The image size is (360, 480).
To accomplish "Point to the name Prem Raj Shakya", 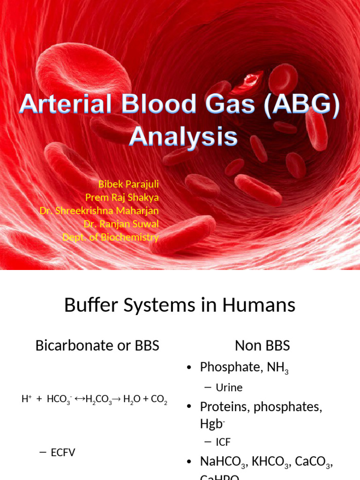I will (x=122, y=197).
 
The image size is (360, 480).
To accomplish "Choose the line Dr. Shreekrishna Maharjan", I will (x=99, y=210).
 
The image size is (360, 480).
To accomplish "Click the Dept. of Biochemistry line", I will (x=111, y=237).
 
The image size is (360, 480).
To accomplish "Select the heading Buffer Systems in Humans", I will (x=180, y=306).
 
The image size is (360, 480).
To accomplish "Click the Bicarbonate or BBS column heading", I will (x=97, y=346).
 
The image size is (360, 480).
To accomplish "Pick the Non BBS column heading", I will (x=262, y=346).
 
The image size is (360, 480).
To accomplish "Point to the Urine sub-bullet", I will (x=229, y=388).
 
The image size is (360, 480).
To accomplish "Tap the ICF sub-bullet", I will (x=223, y=442).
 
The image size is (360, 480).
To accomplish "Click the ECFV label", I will (x=62, y=453).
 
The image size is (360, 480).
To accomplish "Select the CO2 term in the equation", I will (x=159, y=400).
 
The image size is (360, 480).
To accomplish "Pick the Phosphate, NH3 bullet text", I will (x=244, y=368).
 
